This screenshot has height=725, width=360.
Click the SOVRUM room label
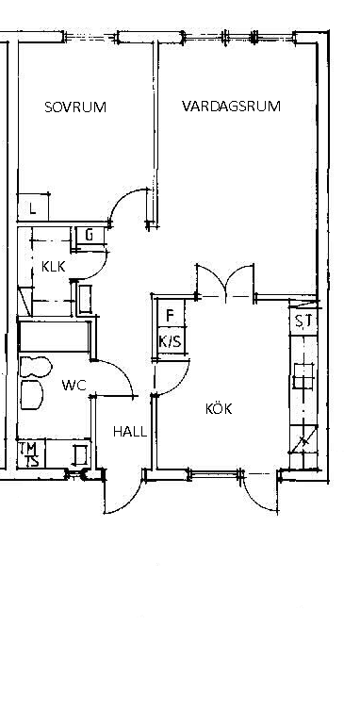[x=75, y=107]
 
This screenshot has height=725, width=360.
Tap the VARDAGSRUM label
[x=231, y=107]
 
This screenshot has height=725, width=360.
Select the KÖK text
[x=219, y=409]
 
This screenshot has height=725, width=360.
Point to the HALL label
[x=130, y=432]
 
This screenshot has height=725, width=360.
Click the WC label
[x=74, y=386]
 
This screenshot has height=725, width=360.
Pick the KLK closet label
[x=53, y=267]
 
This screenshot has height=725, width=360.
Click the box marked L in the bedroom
[x=33, y=206]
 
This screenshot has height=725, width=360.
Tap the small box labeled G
[x=90, y=236]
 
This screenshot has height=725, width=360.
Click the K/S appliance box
[x=171, y=341]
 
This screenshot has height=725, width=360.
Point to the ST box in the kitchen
[x=303, y=321]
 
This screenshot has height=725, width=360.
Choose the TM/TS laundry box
[x=31, y=454]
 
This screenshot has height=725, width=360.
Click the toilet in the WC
[x=35, y=367]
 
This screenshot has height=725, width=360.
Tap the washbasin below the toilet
[x=31, y=395]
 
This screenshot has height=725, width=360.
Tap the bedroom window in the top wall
[x=90, y=37]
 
